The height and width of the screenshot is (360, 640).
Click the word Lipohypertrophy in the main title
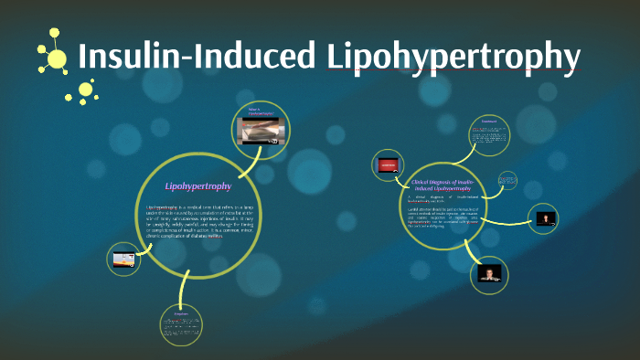tap(453, 57)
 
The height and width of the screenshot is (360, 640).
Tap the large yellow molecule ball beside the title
tap(57, 59)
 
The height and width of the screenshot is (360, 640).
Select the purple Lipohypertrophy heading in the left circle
tap(197, 186)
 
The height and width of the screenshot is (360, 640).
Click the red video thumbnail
tap(387, 165)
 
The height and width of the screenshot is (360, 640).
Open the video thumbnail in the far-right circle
tap(547, 218)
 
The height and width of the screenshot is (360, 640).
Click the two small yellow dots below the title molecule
tap(87, 90)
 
